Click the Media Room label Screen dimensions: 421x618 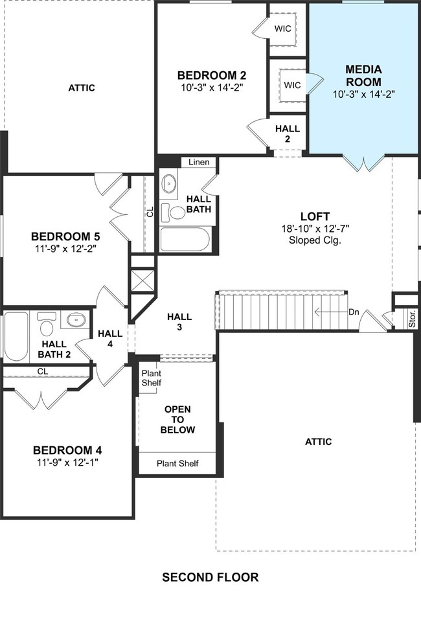click(x=363, y=76)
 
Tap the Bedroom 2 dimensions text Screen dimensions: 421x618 click(x=212, y=87)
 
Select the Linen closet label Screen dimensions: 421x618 click(x=199, y=162)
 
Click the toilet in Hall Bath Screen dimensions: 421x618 click(x=173, y=212)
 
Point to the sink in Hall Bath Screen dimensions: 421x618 click(x=170, y=184)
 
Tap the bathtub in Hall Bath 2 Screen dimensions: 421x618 click(x=16, y=336)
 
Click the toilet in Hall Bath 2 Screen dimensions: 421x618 click(x=47, y=325)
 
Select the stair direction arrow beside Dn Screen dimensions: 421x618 click(x=330, y=312)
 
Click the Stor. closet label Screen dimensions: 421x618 click(x=412, y=319)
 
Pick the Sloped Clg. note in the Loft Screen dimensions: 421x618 click(x=315, y=240)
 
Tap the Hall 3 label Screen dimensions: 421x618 click(x=179, y=321)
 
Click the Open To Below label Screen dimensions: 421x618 click(x=177, y=419)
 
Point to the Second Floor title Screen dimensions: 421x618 click(x=210, y=577)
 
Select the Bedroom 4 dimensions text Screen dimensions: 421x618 click(x=67, y=463)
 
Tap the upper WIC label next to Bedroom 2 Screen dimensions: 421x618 click(x=282, y=29)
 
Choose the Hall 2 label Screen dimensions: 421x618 click(x=288, y=133)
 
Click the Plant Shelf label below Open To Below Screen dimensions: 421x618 click(x=177, y=464)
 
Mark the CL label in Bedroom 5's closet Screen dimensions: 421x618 click(x=150, y=212)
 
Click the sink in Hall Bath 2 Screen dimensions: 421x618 click(x=76, y=319)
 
